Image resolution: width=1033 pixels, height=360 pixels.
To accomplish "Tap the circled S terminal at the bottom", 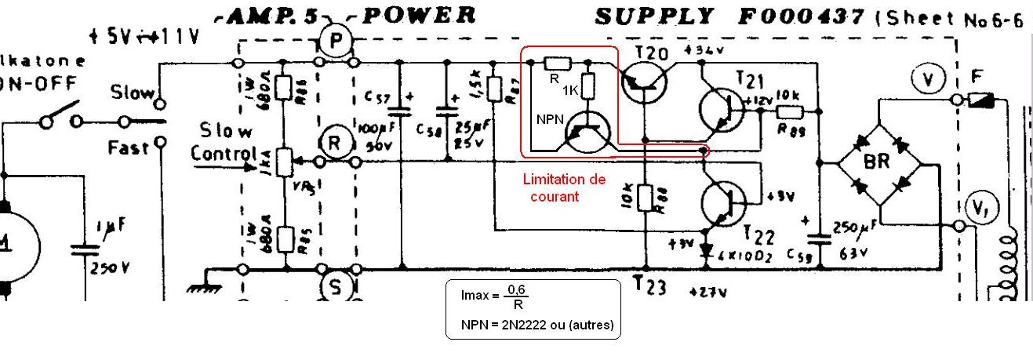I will point(336,288).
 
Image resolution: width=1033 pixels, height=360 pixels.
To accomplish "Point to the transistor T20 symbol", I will point(646,81).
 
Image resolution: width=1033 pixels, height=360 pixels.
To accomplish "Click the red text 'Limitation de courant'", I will point(564,187).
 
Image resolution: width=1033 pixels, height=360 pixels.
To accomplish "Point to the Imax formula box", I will point(533,309).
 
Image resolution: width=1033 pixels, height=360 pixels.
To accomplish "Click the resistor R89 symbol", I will point(791,112).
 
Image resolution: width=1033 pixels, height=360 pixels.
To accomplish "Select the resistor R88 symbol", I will point(646,199).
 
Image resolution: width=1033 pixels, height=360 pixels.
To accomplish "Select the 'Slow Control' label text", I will point(227,141).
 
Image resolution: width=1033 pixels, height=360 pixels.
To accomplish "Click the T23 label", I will point(650,287).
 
